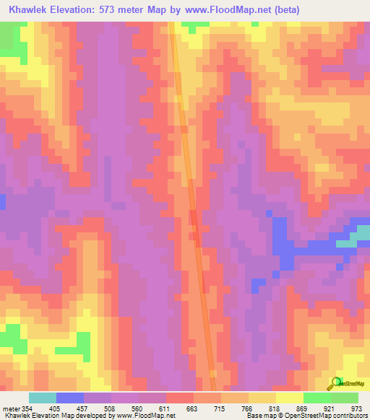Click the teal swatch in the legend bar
[x=43, y=398]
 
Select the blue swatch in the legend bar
[x=70, y=398]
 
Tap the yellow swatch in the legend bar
[x=290, y=398]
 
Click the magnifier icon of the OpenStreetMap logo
[x=335, y=382]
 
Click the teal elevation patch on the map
[x=348, y=242]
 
